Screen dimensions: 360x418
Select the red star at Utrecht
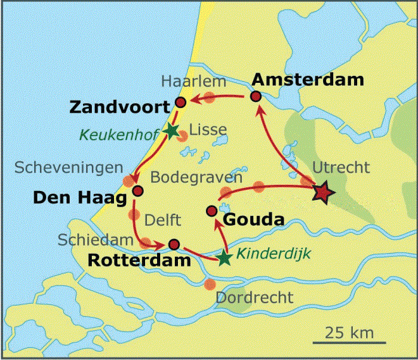click(x=322, y=192)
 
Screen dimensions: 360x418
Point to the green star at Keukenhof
click(x=170, y=130)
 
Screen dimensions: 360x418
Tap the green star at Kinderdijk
click(x=224, y=258)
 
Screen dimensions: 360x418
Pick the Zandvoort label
click(x=119, y=106)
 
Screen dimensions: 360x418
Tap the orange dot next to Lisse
click(x=182, y=135)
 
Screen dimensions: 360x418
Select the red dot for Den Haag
click(x=139, y=190)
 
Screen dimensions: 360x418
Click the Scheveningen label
click(x=69, y=168)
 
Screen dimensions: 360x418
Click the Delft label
click(x=163, y=220)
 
